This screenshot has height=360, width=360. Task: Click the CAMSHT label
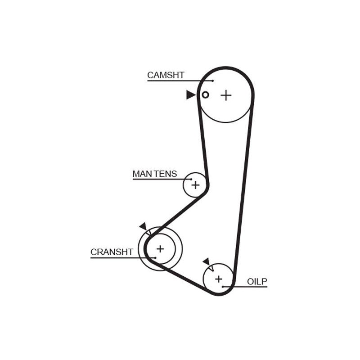pos(166,75)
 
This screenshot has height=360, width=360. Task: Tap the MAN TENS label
pos(155,174)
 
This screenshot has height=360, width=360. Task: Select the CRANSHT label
pos(112,252)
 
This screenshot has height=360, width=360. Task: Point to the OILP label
pos(257,281)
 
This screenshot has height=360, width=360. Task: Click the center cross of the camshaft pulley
pos(226,95)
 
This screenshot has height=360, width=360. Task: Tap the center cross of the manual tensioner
pos(195,185)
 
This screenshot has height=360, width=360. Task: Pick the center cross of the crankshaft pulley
pos(160,249)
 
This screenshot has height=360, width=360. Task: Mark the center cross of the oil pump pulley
pos(219,279)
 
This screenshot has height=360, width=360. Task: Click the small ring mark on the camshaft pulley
pos(205,94)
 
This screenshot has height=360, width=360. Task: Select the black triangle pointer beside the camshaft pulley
pos(190,95)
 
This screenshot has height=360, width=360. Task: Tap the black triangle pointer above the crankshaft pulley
pos(144,226)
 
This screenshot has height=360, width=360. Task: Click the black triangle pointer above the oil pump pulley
pos(207,262)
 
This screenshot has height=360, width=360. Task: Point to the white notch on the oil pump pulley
pos(211,268)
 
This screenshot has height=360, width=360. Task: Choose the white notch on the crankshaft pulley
pos(148,232)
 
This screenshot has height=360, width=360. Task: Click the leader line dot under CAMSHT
pos(213,81)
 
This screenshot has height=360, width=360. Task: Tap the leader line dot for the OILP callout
pos(223,287)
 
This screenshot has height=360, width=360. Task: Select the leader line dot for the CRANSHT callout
pos(155,258)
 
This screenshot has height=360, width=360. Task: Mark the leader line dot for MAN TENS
pos(191,179)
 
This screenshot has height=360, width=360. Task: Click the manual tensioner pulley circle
pos(183,185)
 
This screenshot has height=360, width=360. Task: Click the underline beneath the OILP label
pos(245,287)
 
